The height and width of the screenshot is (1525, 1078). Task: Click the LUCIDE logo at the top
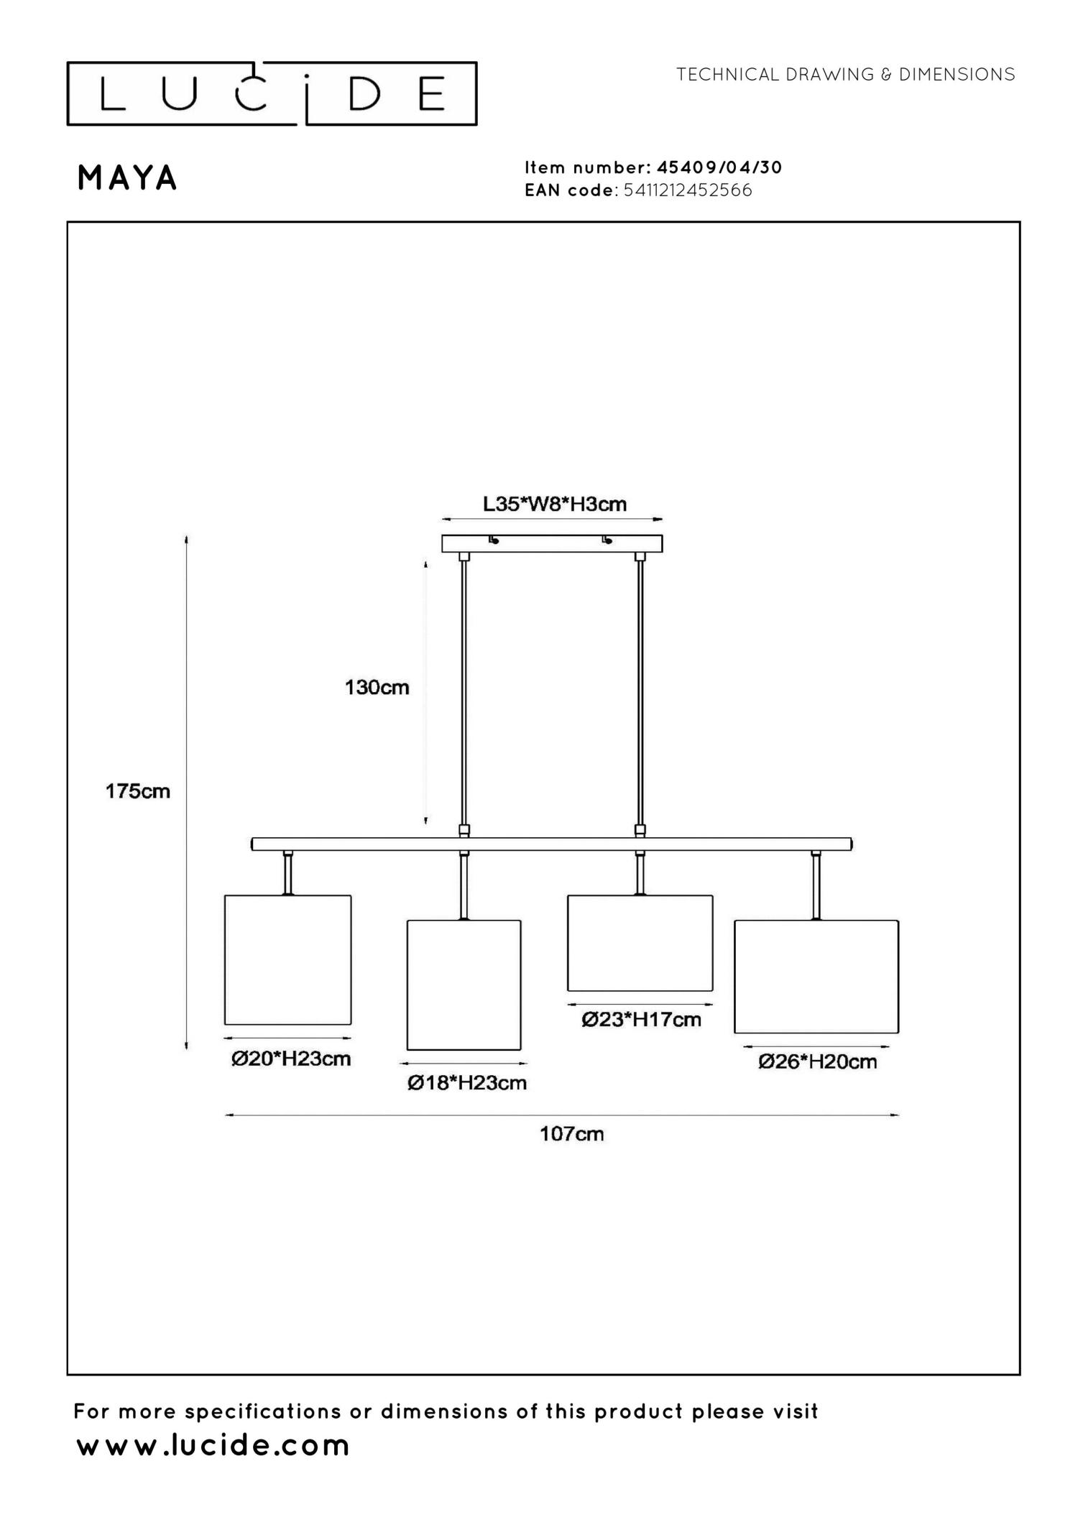[272, 93]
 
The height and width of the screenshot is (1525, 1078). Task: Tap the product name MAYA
[127, 178]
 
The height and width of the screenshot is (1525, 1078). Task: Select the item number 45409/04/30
[719, 167]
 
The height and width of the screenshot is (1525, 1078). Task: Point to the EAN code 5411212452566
[688, 190]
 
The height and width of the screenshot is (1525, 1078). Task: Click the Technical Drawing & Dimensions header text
[845, 74]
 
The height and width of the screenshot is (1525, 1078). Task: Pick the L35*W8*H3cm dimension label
[554, 504]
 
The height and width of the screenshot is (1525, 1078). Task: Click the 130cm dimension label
[377, 687]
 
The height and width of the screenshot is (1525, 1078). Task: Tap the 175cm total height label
[138, 791]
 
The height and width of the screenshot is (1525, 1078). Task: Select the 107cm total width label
[572, 1134]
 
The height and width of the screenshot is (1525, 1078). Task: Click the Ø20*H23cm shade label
[291, 1059]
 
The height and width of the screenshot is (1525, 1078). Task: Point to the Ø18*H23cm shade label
[467, 1082]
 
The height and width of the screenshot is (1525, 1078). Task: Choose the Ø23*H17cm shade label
[641, 1019]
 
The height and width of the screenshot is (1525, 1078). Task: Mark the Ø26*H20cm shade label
[818, 1061]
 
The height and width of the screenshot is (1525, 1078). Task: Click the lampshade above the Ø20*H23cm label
[287, 959]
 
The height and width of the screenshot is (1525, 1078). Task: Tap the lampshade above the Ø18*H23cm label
[464, 985]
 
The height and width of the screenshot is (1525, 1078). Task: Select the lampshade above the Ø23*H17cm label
[640, 943]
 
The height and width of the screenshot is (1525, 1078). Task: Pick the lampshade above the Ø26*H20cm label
[816, 977]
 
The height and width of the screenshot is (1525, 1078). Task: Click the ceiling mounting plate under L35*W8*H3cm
[552, 543]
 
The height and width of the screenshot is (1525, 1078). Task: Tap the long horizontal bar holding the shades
[552, 844]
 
